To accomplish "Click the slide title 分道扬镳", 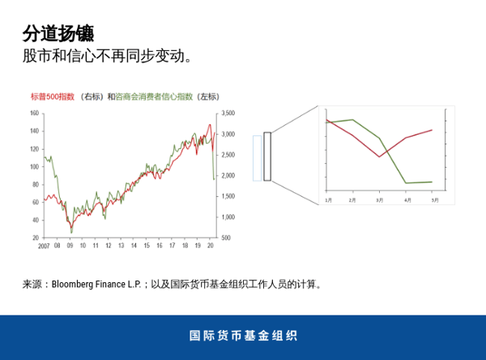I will [x=58, y=33].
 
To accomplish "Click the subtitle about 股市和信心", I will [x=108, y=57].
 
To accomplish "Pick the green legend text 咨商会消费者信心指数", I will [x=155, y=96].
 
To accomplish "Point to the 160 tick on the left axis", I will [x=34, y=113].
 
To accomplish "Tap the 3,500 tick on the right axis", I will [x=228, y=113].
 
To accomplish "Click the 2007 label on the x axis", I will [x=45, y=245].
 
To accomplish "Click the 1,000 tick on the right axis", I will [x=228, y=217].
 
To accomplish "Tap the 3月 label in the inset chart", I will [x=380, y=199].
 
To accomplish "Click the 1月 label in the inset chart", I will [x=328, y=199].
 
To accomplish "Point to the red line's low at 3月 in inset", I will [x=379, y=156].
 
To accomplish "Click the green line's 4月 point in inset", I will [x=405, y=183].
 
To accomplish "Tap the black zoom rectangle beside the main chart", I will [x=267, y=156].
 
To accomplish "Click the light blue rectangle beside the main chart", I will [x=257, y=157].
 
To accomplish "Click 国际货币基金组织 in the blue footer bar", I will [x=243, y=336].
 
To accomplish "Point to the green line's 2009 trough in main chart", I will [x=71, y=232].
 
